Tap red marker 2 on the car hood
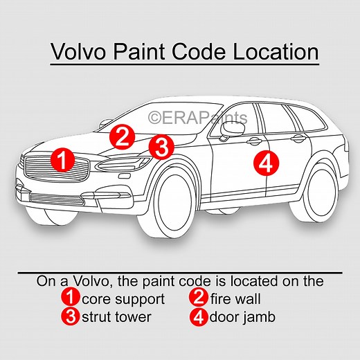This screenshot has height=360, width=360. [x=123, y=135]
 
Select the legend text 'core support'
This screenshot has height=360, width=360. [x=123, y=300]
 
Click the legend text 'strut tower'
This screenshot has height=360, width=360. [x=116, y=317]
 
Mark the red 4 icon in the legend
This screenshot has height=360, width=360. [x=199, y=317]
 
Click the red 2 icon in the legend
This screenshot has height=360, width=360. [x=199, y=300]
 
